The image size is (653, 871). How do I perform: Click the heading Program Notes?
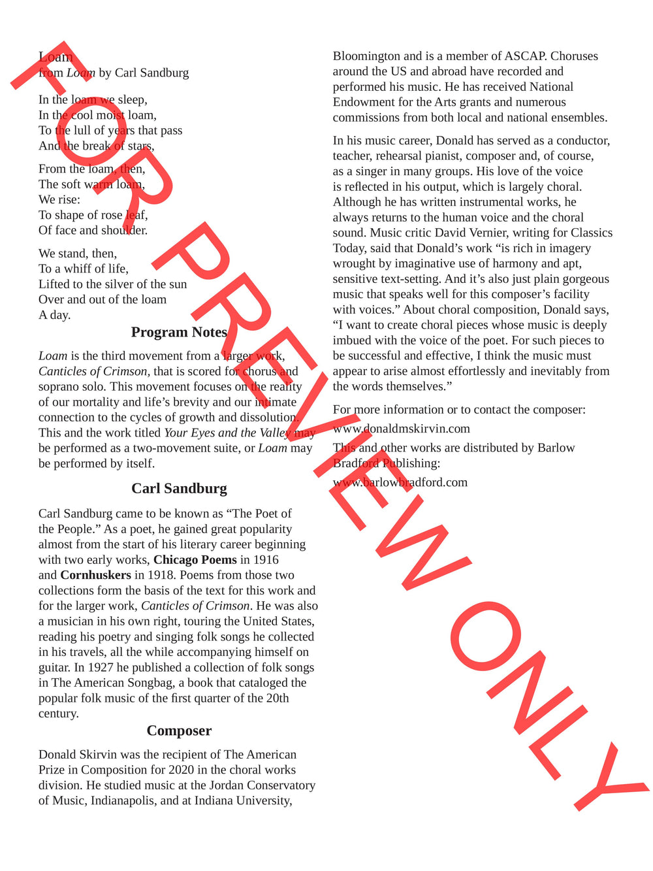click(179, 332)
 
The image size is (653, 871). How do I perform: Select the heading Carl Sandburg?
click(179, 488)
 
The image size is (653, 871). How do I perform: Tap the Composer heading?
click(179, 731)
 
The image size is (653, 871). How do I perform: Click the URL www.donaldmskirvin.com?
click(401, 429)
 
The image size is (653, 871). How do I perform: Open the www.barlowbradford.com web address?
click(400, 482)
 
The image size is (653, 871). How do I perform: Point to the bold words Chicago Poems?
click(195, 560)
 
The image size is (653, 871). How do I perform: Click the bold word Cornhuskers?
click(95, 575)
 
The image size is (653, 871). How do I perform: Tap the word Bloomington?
click(366, 56)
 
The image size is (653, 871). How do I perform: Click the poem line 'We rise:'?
click(59, 199)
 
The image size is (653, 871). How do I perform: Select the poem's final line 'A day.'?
click(54, 315)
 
